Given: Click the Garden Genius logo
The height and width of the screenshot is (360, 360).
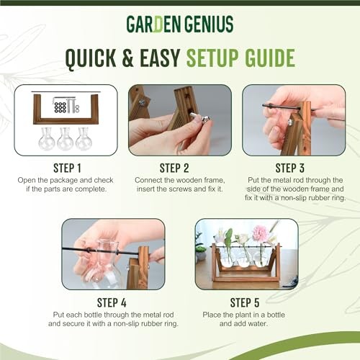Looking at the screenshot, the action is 180,24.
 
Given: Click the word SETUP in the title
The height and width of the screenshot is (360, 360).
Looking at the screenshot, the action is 212,58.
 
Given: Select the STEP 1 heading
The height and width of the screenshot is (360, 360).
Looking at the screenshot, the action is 67,168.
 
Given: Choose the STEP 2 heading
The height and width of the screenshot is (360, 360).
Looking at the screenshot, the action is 174,168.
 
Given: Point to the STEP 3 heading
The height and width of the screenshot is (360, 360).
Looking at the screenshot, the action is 290,168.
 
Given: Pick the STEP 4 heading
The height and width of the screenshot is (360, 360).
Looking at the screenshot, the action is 112,302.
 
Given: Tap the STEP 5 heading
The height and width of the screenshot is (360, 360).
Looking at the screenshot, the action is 245,302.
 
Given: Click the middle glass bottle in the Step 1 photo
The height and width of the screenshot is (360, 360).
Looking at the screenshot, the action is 65,139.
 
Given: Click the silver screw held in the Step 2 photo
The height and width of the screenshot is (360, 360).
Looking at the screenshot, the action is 201,117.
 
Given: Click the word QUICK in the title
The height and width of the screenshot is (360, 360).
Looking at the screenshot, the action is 91,59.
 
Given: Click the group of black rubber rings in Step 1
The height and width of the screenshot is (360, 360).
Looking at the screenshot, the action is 60,107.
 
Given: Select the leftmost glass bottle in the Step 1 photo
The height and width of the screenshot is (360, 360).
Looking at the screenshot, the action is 47,139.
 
